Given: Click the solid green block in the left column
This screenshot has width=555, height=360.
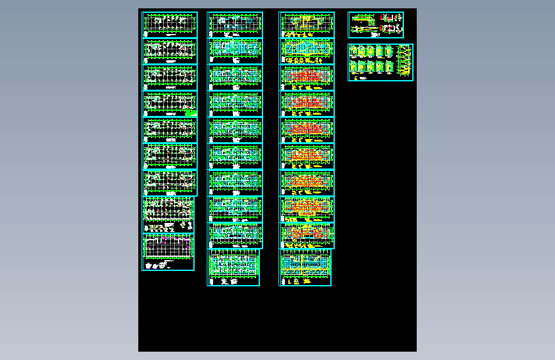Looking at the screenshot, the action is (189, 113).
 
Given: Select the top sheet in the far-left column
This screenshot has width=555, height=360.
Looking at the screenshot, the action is (170, 24).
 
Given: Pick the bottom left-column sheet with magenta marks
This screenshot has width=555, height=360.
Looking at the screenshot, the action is (168, 252).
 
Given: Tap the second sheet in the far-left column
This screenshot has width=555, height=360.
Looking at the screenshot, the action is (170, 51).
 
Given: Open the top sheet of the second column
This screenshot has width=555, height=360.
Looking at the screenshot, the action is (235, 24).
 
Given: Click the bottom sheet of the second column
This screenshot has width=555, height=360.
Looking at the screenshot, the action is (234, 267).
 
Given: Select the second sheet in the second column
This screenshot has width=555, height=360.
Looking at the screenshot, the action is (235, 51).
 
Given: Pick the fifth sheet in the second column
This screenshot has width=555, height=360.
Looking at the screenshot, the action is (235, 130).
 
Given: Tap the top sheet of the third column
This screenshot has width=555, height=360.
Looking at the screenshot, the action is (307, 24).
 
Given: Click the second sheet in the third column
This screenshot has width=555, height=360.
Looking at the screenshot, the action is (307, 51).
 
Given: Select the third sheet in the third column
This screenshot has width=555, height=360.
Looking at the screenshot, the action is (307, 78).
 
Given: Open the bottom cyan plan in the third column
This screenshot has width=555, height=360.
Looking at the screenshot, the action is (305, 267).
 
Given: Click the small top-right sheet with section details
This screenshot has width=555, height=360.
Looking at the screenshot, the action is (376, 25).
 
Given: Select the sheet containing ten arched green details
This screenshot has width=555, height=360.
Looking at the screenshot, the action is (380, 62).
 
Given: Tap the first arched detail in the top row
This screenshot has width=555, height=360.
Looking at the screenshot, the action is (353, 52).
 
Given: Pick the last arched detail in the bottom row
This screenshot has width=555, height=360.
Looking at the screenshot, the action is (390, 68).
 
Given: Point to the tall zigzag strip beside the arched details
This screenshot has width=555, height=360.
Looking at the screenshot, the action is (405, 61).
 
